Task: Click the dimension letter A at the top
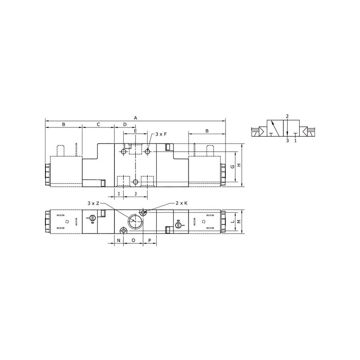[135, 118]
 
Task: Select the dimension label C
[98, 125]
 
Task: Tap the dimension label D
[125, 125]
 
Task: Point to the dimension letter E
[135, 131]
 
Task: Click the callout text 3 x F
[161, 134]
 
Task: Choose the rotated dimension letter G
[233, 166]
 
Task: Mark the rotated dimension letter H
[239, 165]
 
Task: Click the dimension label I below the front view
[119, 194]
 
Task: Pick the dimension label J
[135, 194]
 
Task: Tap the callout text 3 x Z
[94, 203]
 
